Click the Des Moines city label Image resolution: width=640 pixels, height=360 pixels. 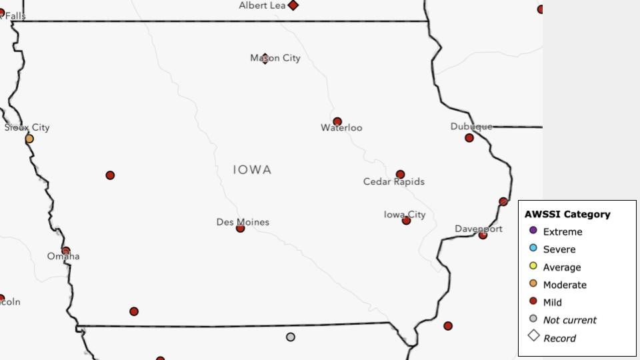coord(243,221)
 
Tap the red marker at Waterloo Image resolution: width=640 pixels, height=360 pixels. coord(337,121)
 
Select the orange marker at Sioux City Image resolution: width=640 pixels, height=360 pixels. coord(29,139)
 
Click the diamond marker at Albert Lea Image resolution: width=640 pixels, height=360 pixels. coord(293,5)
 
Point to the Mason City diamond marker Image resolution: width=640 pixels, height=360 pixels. coord(265,58)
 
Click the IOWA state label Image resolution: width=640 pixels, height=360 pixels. coord(252,170)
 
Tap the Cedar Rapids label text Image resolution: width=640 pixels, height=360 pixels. coord(393,181)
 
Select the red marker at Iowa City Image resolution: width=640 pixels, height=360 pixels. coord(406,220)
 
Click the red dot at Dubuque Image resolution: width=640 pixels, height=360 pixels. coord(469,138)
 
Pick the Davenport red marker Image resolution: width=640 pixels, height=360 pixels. coord(483,235)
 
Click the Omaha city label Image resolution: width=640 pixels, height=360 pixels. coord(63,256)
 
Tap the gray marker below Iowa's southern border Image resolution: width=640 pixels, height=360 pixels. coord(291,337)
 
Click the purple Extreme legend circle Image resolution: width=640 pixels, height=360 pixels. coord(533,231)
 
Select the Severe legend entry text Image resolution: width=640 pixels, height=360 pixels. coord(559,249)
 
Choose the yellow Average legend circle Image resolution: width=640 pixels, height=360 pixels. coord(533,266)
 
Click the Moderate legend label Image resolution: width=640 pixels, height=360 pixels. coord(565,285)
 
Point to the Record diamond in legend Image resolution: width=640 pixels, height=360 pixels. coord(533,336)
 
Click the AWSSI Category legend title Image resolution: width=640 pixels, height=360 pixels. coord(567,214)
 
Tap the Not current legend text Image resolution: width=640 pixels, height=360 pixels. coord(569,320)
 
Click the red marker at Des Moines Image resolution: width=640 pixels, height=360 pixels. coord(240,228)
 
